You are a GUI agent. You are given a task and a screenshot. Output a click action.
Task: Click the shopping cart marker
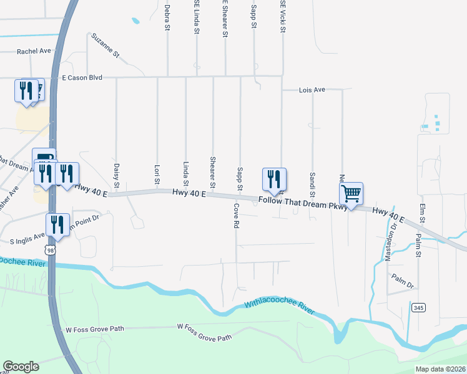(351, 194)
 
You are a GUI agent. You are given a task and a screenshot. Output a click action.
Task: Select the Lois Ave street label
(313, 90)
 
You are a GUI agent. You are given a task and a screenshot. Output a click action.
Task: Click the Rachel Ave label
(34, 52)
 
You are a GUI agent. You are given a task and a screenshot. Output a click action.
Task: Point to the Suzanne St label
(105, 46)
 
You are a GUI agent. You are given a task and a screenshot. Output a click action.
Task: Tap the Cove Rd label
(237, 214)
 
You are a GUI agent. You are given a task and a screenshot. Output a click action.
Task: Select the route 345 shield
(418, 307)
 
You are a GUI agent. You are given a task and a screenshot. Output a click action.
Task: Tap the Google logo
(21, 367)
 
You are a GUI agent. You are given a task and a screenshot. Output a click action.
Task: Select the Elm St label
(423, 213)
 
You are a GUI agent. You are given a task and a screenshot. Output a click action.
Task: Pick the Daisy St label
(117, 174)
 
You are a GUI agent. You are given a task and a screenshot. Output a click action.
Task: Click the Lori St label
(157, 175)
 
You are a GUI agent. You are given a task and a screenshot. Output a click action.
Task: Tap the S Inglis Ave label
(27, 237)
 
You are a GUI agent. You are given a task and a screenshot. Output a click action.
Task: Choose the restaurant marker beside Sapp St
(273, 180)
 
